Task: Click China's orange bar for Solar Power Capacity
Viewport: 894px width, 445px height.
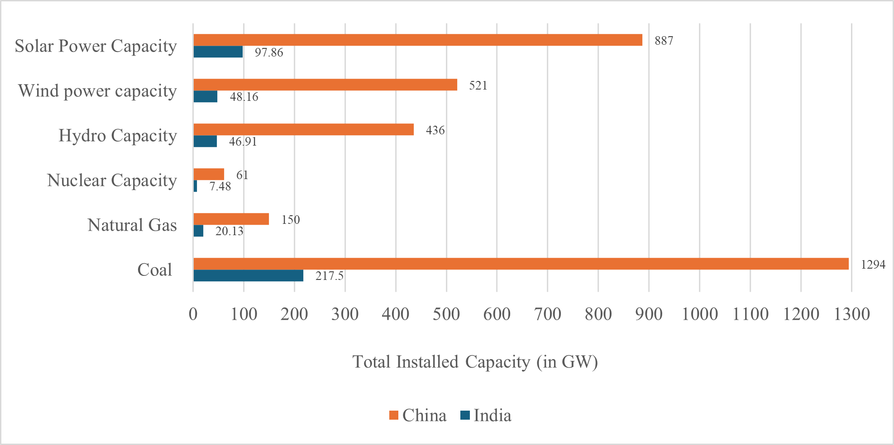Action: coord(417,40)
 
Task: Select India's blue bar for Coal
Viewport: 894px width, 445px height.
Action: coord(248,275)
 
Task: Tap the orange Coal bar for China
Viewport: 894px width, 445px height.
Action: coord(521,264)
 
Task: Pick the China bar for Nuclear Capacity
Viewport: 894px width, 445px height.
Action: coord(209,174)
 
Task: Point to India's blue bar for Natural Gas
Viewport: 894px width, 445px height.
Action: coord(198,231)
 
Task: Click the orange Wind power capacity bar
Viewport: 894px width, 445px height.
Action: coord(325,85)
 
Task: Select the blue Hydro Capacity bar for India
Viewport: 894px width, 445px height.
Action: coord(205,141)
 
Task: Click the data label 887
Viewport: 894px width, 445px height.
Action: coord(664,41)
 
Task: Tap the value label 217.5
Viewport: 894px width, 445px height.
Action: coord(329,276)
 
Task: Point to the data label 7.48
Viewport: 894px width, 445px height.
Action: coord(220,186)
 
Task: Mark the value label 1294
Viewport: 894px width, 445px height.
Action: coord(873,265)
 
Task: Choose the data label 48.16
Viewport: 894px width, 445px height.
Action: coord(244,97)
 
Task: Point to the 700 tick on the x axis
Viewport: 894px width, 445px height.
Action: coord(547,314)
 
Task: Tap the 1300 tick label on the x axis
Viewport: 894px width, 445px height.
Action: coord(851,314)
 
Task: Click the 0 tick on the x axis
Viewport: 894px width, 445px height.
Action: coord(193,314)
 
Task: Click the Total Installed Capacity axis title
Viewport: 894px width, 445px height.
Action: coord(475,362)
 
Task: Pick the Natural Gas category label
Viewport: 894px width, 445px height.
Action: coord(132,225)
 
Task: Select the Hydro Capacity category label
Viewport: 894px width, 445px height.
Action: coord(117,135)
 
